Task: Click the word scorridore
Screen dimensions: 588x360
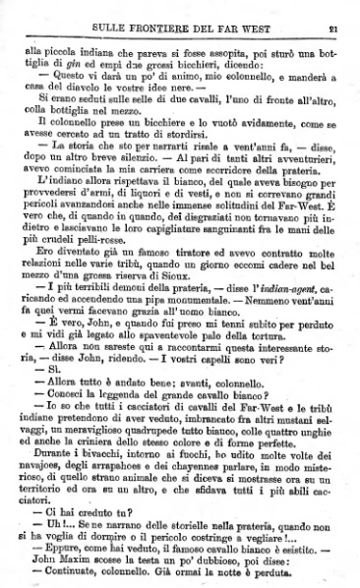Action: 238,194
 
